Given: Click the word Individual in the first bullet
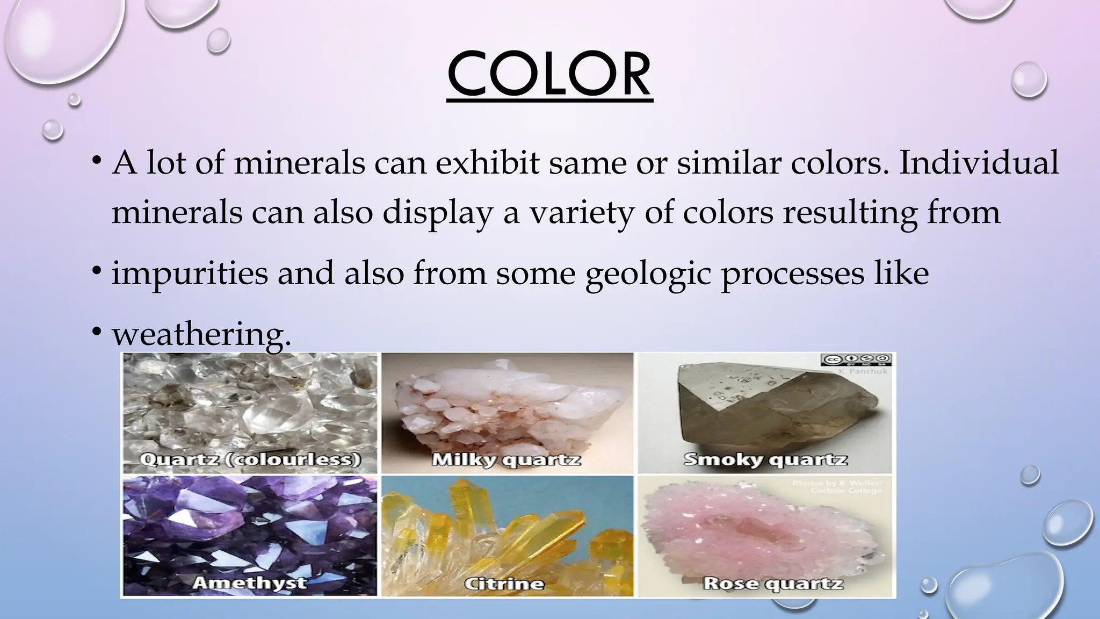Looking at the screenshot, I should (979, 163).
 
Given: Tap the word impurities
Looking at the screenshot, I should (189, 273).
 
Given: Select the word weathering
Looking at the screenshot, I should (201, 334).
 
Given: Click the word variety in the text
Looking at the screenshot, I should (582, 213).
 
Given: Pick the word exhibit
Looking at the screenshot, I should (487, 163).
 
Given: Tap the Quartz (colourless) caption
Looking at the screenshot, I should (250, 460).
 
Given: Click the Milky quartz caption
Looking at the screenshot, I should (506, 460).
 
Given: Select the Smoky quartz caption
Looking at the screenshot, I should (765, 460).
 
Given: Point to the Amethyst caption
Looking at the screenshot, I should (249, 582).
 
